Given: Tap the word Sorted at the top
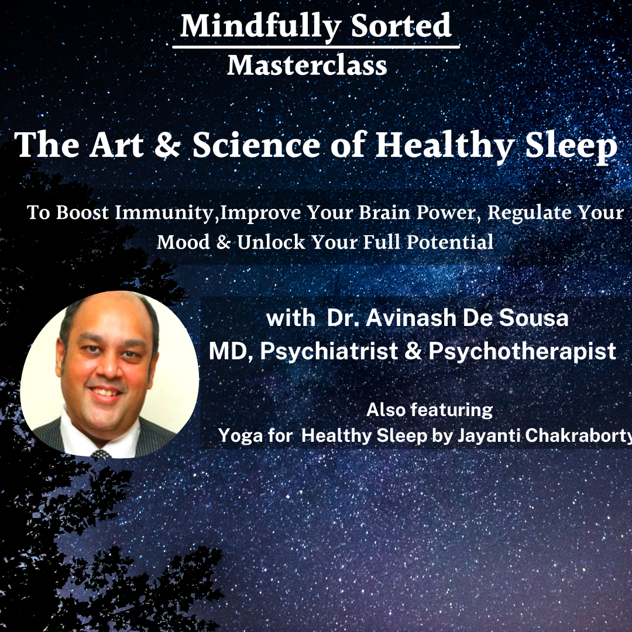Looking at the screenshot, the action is pyautogui.click(x=401, y=25).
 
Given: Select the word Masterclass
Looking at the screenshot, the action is pyautogui.click(x=307, y=66).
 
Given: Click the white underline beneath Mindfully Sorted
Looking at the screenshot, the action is pyautogui.click(x=316, y=47).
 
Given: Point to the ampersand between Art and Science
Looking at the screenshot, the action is pyautogui.click(x=167, y=145).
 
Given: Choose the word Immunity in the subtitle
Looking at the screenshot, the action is pyautogui.click(x=164, y=213).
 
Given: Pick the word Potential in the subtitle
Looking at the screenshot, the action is pyautogui.click(x=450, y=242).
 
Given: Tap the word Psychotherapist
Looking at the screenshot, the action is pyautogui.click(x=523, y=352).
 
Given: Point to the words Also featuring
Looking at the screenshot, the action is pyautogui.click(x=430, y=410).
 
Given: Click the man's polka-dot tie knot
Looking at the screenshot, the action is pyautogui.click(x=101, y=454).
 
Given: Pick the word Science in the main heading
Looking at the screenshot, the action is pyautogui.click(x=256, y=145).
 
